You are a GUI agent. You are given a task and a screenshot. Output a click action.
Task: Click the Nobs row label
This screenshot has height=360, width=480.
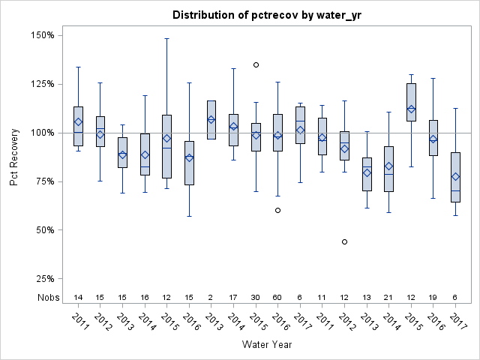point(49,298)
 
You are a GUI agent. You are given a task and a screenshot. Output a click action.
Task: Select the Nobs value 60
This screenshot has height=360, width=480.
point(277,298)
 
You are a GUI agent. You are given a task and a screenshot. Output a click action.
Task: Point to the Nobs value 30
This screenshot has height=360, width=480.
point(256,298)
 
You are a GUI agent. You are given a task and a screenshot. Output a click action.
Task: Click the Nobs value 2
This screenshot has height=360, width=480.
point(211,298)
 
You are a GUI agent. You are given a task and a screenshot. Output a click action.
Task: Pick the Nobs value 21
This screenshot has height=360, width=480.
point(388,298)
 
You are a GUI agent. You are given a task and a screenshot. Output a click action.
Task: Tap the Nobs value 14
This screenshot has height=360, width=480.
point(78,298)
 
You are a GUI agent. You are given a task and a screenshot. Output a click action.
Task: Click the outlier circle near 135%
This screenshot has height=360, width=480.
point(256,64)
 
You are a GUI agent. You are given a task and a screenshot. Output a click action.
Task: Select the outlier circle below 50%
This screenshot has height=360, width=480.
point(344,241)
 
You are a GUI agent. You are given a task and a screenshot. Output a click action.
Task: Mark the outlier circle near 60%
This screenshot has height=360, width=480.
point(277,210)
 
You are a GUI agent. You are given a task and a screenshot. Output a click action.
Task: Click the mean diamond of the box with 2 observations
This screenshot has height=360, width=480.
point(211,119)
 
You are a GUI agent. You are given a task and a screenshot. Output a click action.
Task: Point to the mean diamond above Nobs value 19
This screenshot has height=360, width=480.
point(433,139)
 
